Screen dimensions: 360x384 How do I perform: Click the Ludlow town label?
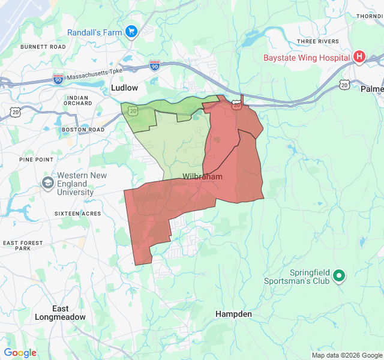pos(124,88)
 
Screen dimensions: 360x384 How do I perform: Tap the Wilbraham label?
pos(202,177)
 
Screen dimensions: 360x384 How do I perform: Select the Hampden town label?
pos(233,314)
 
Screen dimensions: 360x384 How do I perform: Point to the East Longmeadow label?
pos(60,313)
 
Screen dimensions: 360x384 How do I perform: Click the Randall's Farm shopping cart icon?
pos(132,32)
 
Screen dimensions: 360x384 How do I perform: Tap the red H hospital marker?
pos(359,57)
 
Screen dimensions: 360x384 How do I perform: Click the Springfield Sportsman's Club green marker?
pos(339,275)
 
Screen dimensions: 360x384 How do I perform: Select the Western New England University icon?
pos(47,182)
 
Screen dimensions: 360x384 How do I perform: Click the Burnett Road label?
pos(43,46)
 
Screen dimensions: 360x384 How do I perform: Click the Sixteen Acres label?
pos(77,214)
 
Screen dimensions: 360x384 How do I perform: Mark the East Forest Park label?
pos(23,245)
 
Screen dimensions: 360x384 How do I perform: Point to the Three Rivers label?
pos(314,41)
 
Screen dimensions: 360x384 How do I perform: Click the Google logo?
pos(20,353)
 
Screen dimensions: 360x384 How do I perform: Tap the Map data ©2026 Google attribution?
pos(346,355)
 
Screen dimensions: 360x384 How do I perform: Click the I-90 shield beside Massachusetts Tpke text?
pos(58,79)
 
